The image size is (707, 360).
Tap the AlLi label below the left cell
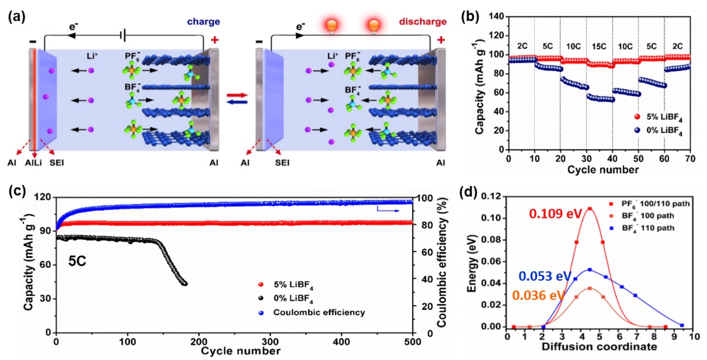pyautogui.click(x=35, y=163)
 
